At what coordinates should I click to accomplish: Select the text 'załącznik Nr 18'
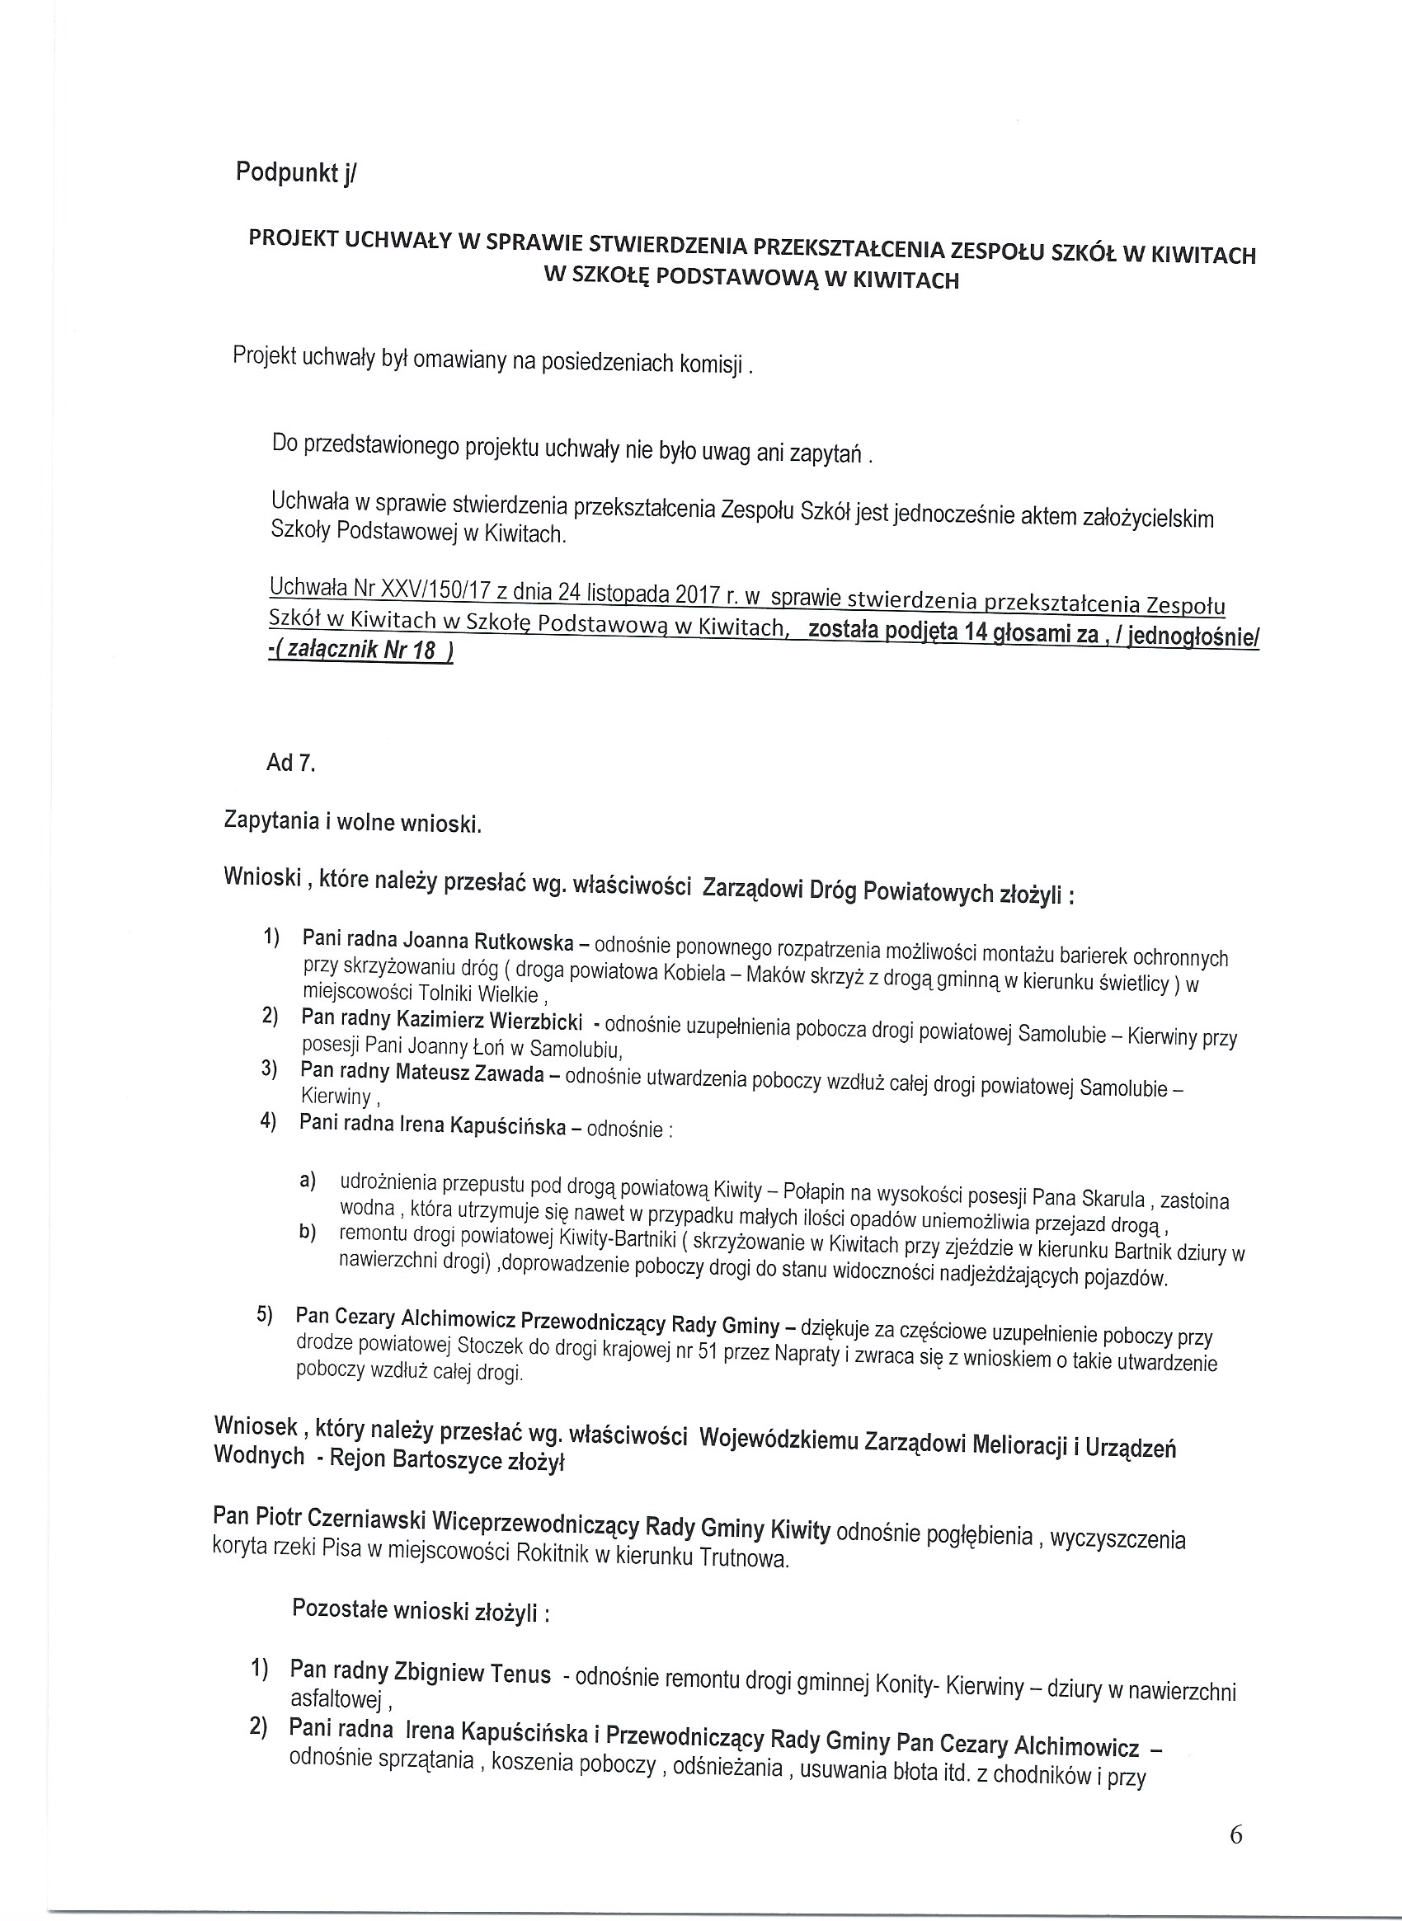[x=361, y=651]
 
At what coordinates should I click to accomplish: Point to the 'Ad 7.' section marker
[x=290, y=763]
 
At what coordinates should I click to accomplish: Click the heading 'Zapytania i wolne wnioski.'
[x=352, y=822]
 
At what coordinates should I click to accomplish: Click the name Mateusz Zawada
[x=469, y=1073]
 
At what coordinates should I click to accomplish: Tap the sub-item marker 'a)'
[x=306, y=1180]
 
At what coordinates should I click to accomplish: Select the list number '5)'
[x=265, y=1314]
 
